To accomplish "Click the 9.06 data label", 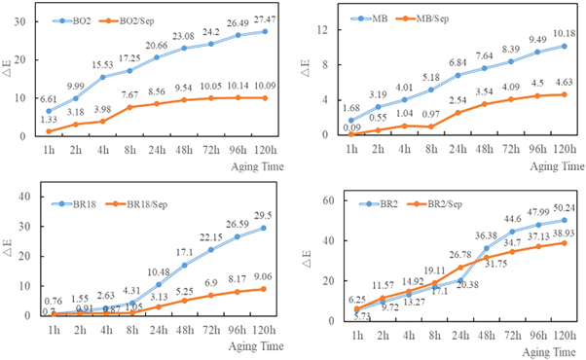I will [264, 274].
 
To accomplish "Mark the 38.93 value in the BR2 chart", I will [562, 249].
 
